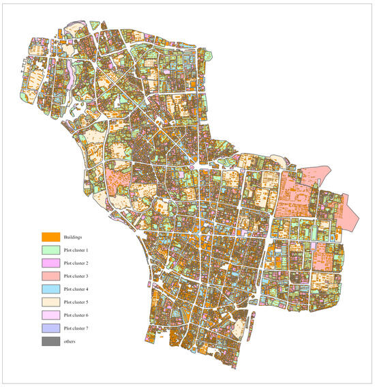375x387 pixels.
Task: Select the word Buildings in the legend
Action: coord(73,237)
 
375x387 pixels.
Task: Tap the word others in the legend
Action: coord(70,341)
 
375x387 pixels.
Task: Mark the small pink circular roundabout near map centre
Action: coord(193,166)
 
